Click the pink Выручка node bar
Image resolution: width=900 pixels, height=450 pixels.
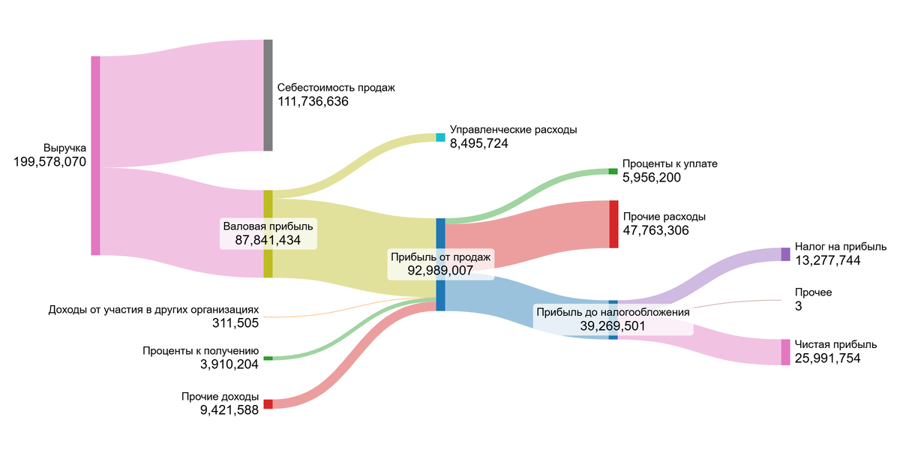[95, 155]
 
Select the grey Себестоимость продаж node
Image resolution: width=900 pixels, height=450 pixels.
[268, 95]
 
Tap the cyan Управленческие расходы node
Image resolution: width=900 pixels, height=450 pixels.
[440, 137]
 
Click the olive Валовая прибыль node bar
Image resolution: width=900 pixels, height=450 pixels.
[268, 234]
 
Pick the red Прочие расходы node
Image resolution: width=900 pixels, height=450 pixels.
[613, 223]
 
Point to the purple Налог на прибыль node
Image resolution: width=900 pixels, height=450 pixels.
[785, 253]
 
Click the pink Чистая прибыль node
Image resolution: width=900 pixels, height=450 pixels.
[785, 352]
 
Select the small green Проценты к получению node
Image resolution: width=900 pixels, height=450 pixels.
[268, 358]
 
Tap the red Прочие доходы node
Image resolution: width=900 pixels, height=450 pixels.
[268, 404]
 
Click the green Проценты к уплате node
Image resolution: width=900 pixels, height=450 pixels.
[613, 172]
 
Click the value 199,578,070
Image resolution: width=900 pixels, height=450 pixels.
[50, 162]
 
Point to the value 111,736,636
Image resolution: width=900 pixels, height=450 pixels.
[313, 102]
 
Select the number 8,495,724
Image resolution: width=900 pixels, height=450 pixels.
[479, 143]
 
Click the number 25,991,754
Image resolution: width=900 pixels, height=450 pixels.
[828, 358]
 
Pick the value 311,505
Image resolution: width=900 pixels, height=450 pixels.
[235, 323]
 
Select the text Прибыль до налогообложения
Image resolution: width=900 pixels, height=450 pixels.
[613, 311]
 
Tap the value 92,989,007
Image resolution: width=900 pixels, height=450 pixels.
[440, 270]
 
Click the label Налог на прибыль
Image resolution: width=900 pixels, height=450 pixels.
[841, 247]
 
